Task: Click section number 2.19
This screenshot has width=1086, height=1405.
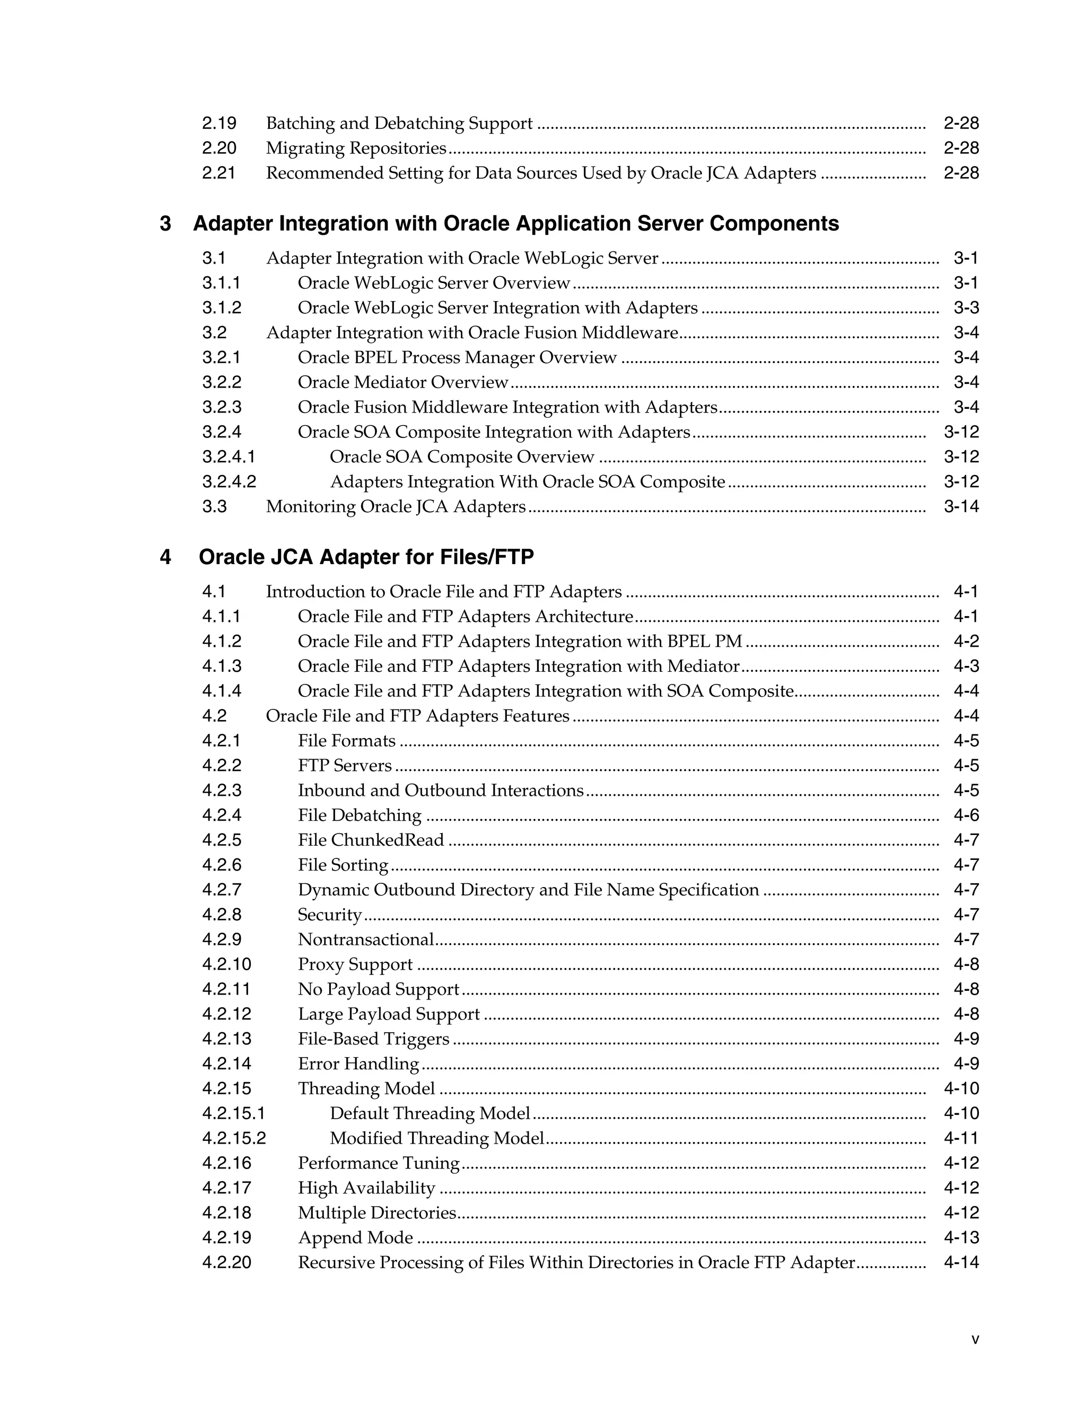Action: pos(219,123)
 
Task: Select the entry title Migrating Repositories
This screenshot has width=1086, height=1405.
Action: pos(356,148)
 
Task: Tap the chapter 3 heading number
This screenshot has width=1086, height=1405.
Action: pos(165,223)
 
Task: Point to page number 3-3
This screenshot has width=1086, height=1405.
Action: pos(966,308)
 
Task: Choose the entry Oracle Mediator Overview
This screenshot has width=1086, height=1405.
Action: pos(403,382)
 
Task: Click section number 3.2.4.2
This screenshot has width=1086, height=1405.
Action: pos(229,482)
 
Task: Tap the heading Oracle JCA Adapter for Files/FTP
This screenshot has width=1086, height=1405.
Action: pos(366,557)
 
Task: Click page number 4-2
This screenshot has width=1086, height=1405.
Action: pos(966,642)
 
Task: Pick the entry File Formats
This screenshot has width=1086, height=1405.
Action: pos(347,741)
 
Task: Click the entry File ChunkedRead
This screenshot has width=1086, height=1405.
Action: pos(371,840)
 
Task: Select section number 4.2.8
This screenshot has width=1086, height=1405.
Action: pos(222,915)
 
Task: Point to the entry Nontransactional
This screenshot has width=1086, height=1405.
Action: pos(365,939)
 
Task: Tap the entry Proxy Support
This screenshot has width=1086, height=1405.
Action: pos(355,964)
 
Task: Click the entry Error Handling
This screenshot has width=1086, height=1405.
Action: pos(358,1064)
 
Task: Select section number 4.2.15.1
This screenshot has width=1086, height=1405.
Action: pos(233,1113)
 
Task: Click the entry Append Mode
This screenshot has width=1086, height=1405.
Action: pos(355,1238)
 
